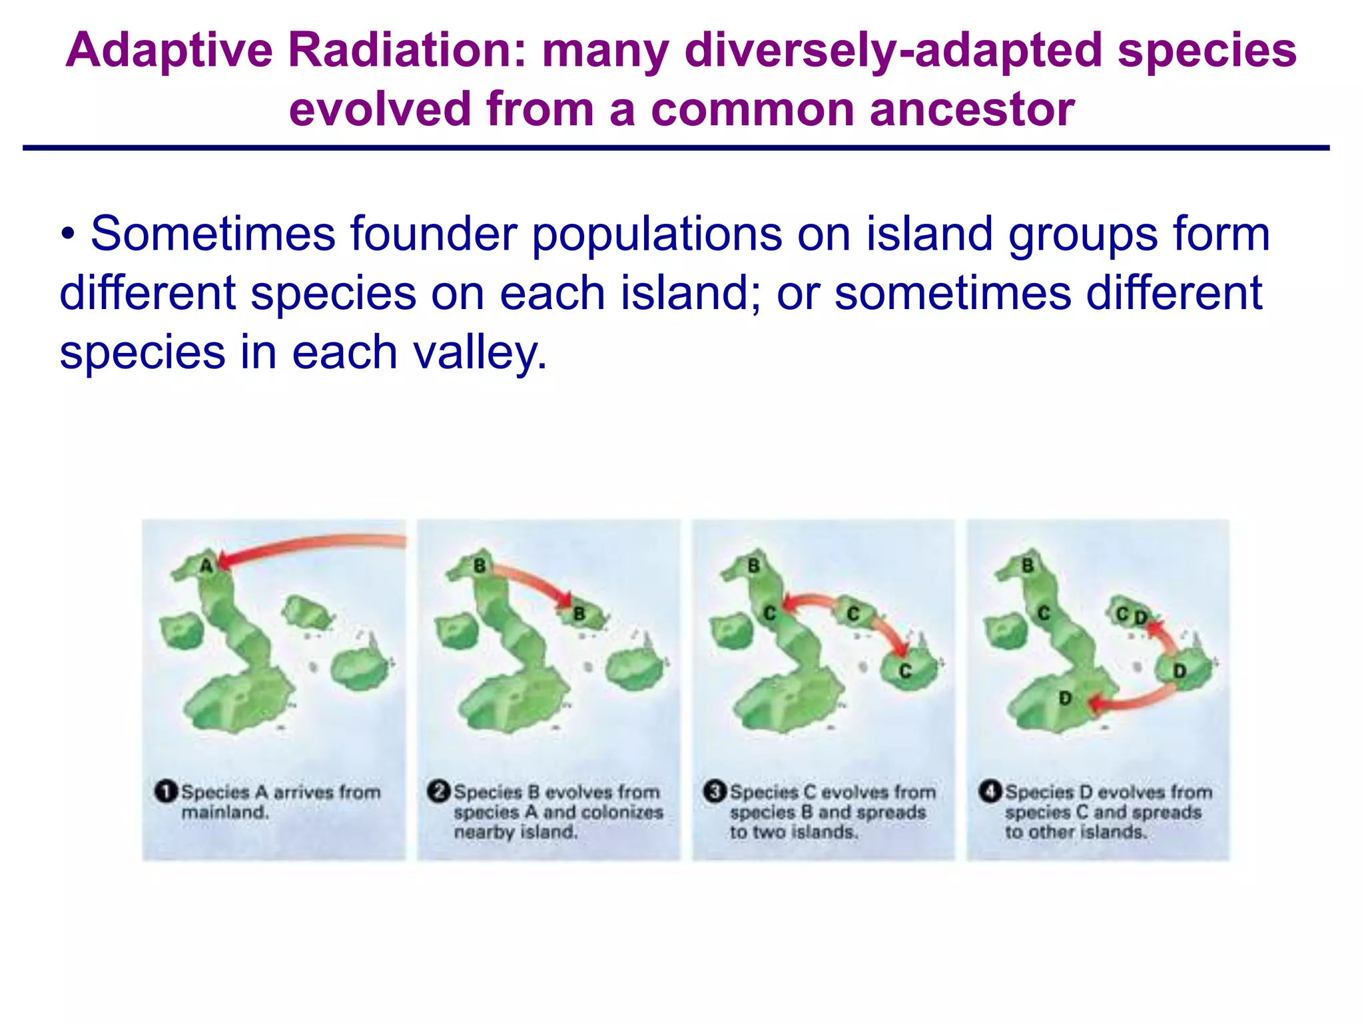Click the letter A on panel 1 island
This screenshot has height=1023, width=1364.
pos(206,566)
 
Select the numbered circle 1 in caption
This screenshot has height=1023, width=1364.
pos(165,792)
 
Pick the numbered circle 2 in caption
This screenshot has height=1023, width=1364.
pos(438,792)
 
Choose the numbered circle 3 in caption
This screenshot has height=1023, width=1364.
pos(714,792)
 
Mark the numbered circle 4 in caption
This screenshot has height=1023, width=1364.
pos(990,792)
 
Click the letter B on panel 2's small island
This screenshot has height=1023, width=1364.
pos(579,614)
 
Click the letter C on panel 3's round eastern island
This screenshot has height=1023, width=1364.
pos(904,671)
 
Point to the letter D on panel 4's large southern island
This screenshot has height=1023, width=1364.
pos(1065,698)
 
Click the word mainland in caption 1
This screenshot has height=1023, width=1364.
pos(224,813)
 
